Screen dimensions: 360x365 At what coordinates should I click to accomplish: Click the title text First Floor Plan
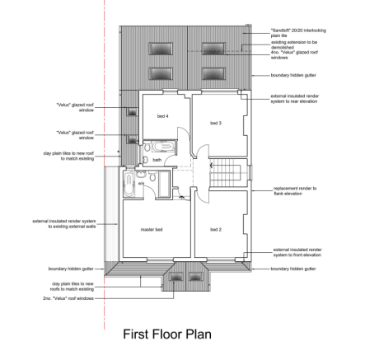coord(166,334)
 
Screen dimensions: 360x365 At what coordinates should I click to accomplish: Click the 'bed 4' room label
coord(161,116)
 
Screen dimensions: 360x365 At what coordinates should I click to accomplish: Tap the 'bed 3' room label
coord(215,123)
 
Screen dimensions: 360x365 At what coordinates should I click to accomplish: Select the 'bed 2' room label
coord(215,229)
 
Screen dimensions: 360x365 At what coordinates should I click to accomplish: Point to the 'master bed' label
coord(152,229)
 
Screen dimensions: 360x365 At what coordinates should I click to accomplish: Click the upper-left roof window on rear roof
coord(154,48)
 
